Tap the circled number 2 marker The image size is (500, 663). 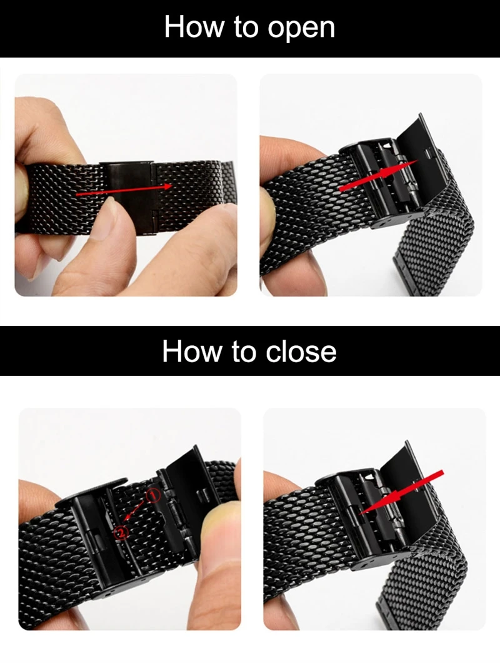[x=120, y=533]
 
